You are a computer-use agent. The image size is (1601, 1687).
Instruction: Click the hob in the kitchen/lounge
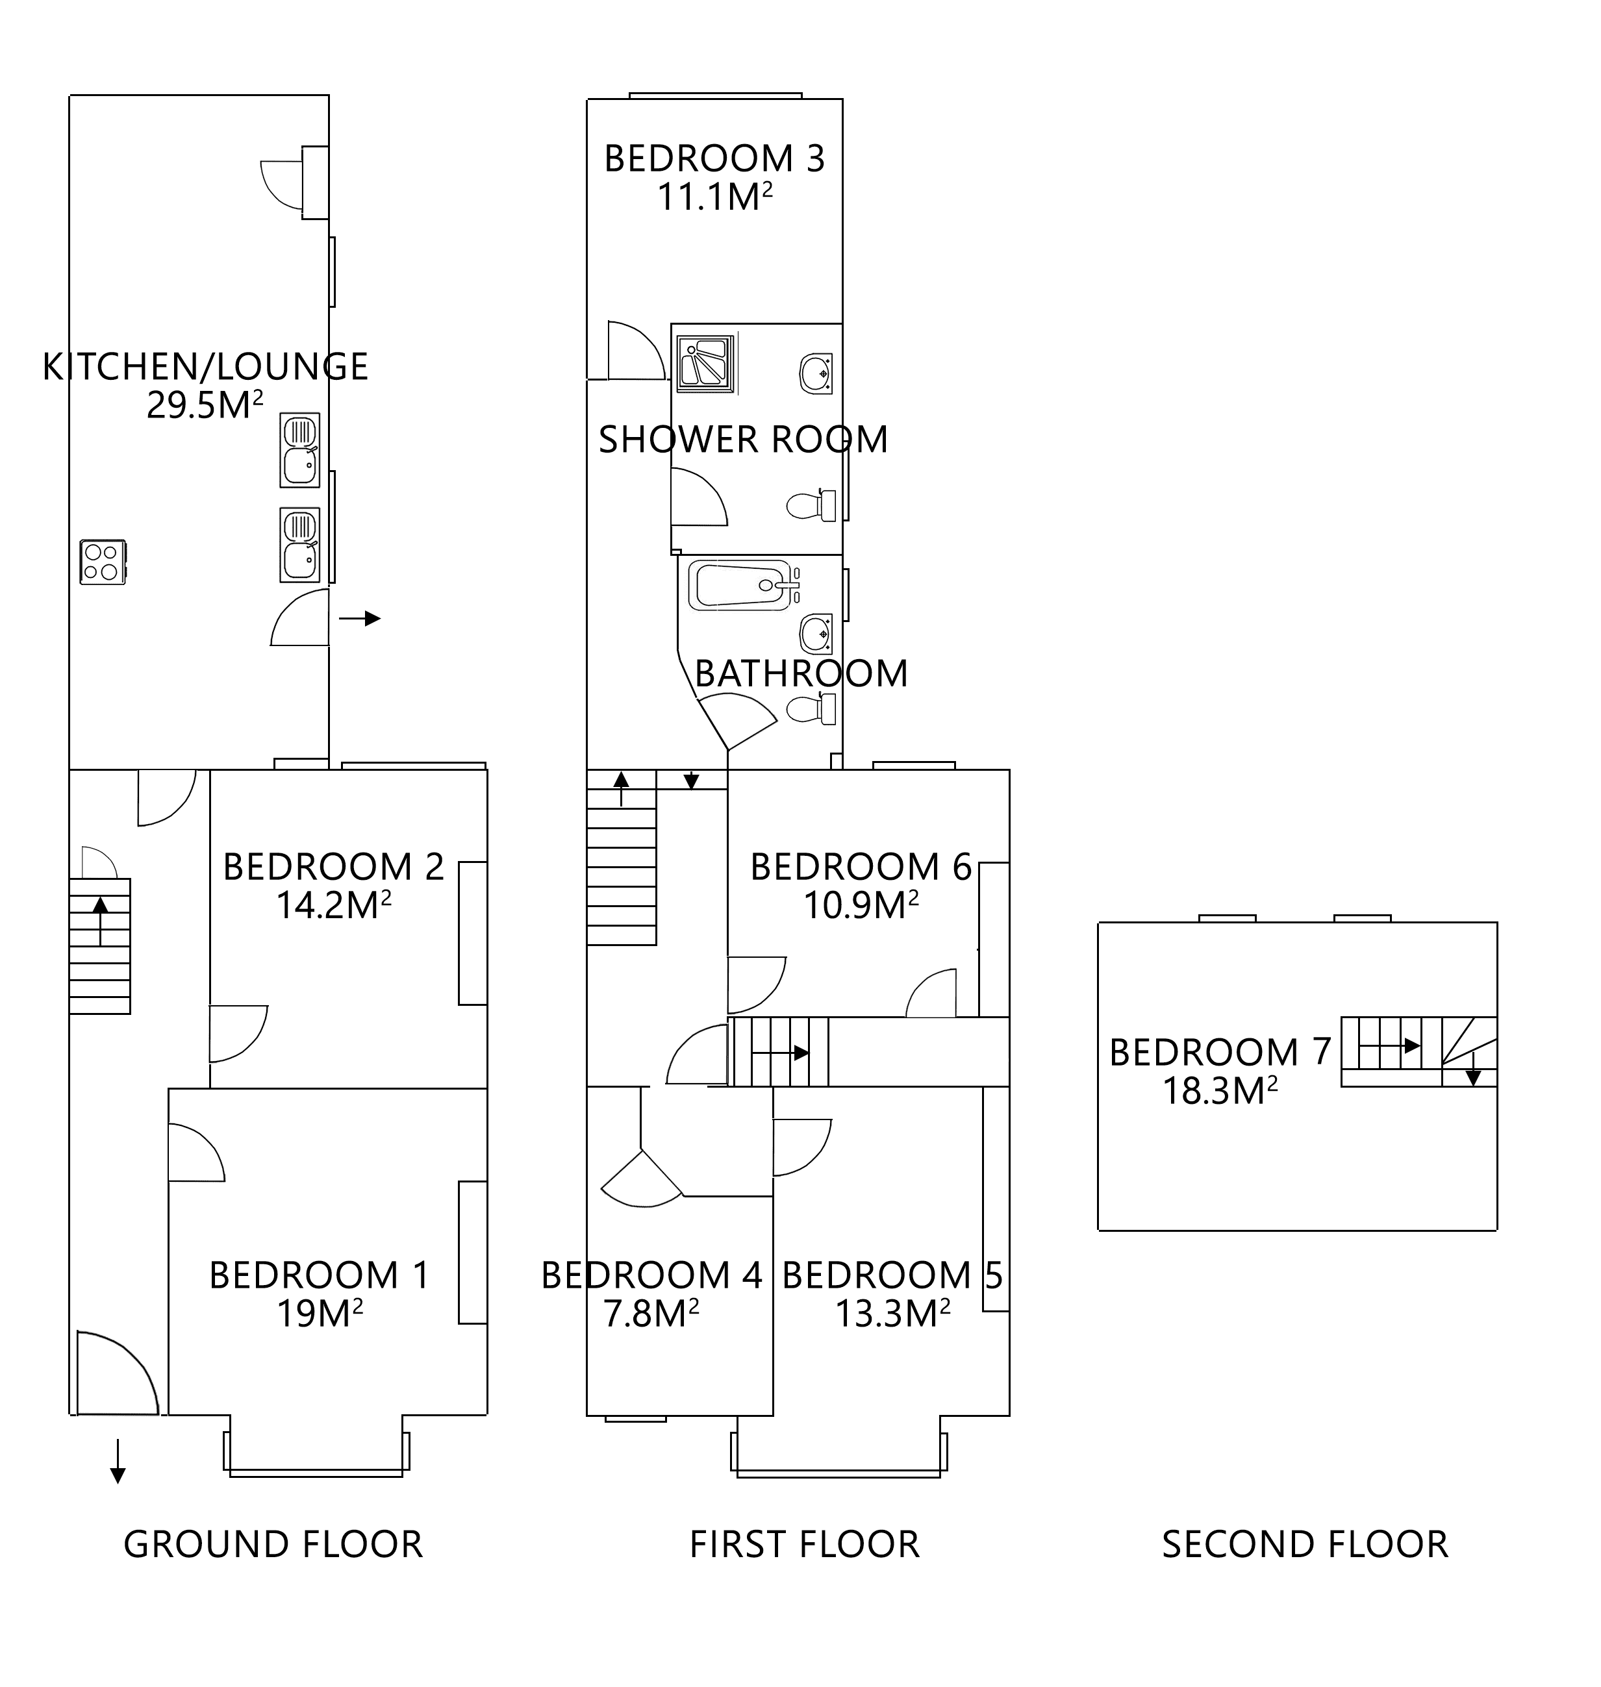pos(103,562)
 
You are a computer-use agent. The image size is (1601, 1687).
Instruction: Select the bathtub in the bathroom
pos(742,585)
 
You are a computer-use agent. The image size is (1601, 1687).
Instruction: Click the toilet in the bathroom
pos(811,709)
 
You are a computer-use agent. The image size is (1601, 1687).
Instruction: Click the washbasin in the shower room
pos(816,373)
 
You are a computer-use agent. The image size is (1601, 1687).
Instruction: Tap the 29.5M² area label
pos(204,405)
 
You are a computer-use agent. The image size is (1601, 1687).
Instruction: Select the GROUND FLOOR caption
pos(273,1545)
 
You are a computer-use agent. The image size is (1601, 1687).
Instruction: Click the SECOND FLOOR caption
pos(1305,1545)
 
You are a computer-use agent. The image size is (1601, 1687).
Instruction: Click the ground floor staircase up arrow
pos(100,921)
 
